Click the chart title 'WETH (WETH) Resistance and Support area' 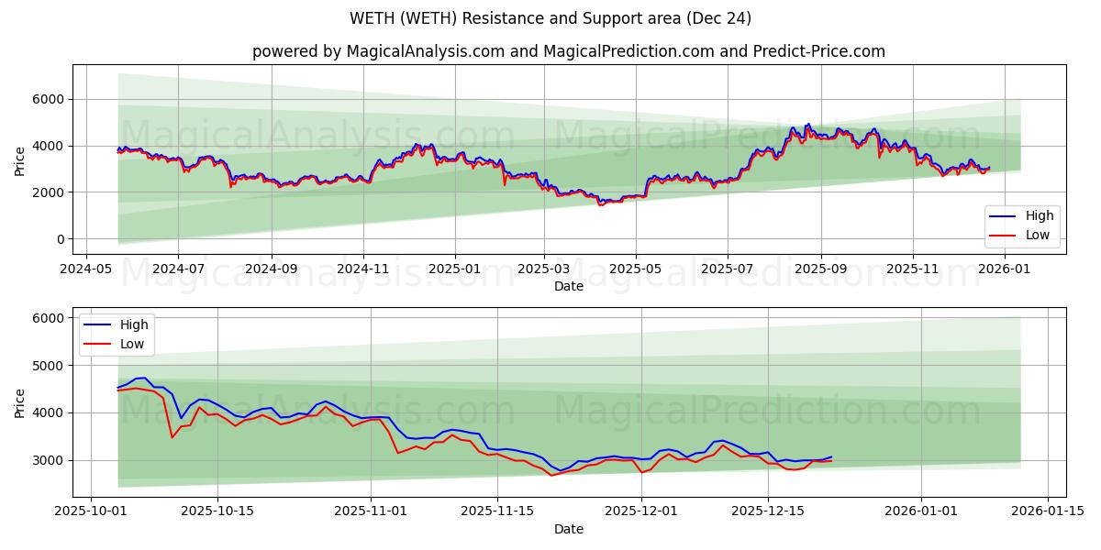point(550,18)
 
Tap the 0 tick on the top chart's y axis point(60,239)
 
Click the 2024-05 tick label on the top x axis point(86,270)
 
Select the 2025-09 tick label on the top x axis point(820,270)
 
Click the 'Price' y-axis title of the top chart point(20,159)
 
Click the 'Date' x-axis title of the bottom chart point(569,529)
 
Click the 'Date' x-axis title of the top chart point(569,287)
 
